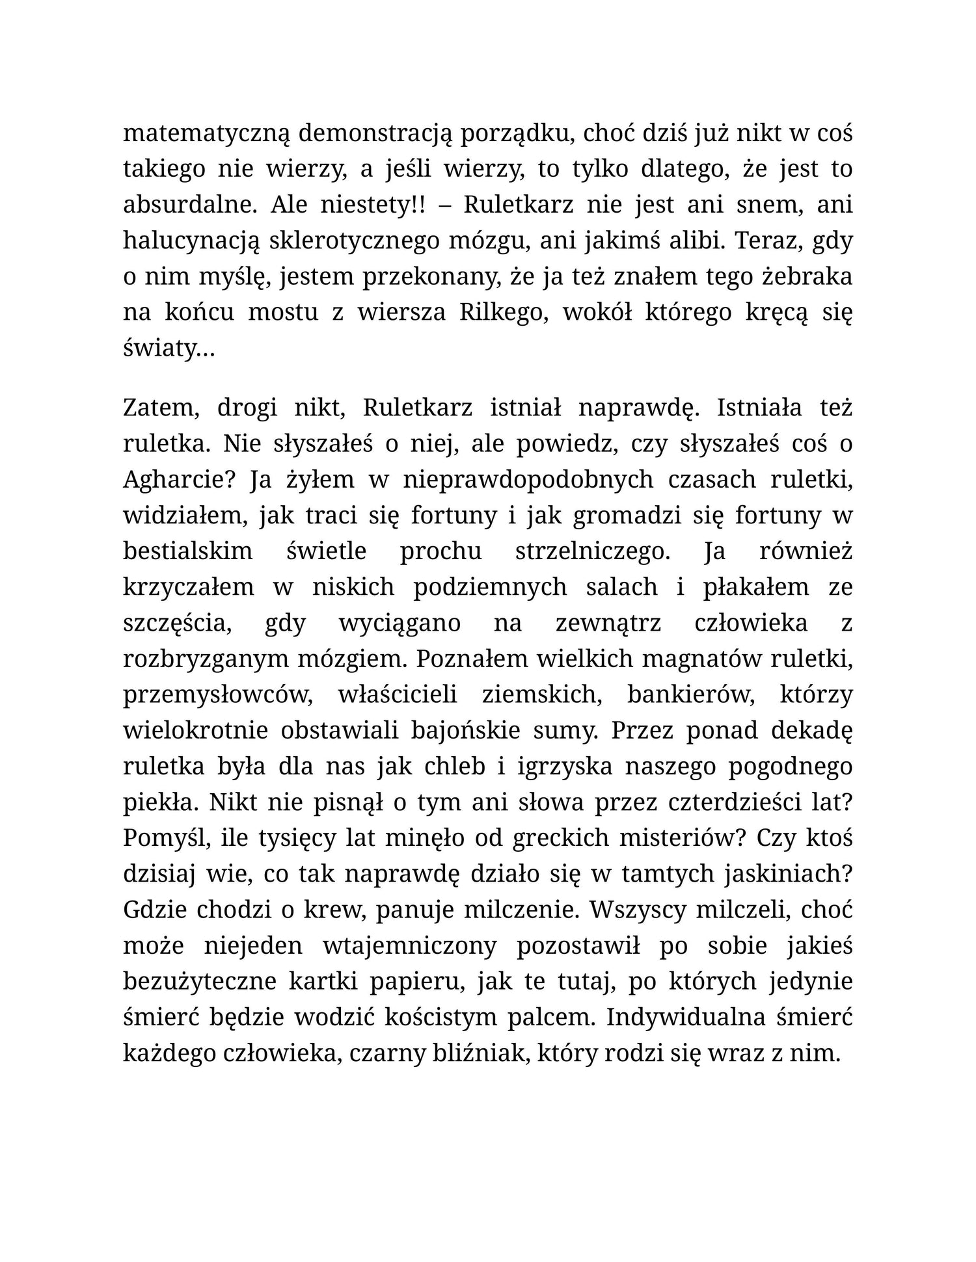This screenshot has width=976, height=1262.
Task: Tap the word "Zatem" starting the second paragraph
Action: pos(159,408)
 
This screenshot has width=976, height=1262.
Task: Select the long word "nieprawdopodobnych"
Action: pos(528,480)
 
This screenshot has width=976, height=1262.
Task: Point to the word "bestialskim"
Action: pos(187,551)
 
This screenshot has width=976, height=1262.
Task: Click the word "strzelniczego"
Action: pos(592,551)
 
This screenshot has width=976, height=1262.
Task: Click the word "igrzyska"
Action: pos(565,767)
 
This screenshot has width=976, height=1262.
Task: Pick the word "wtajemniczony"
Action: pos(409,946)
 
